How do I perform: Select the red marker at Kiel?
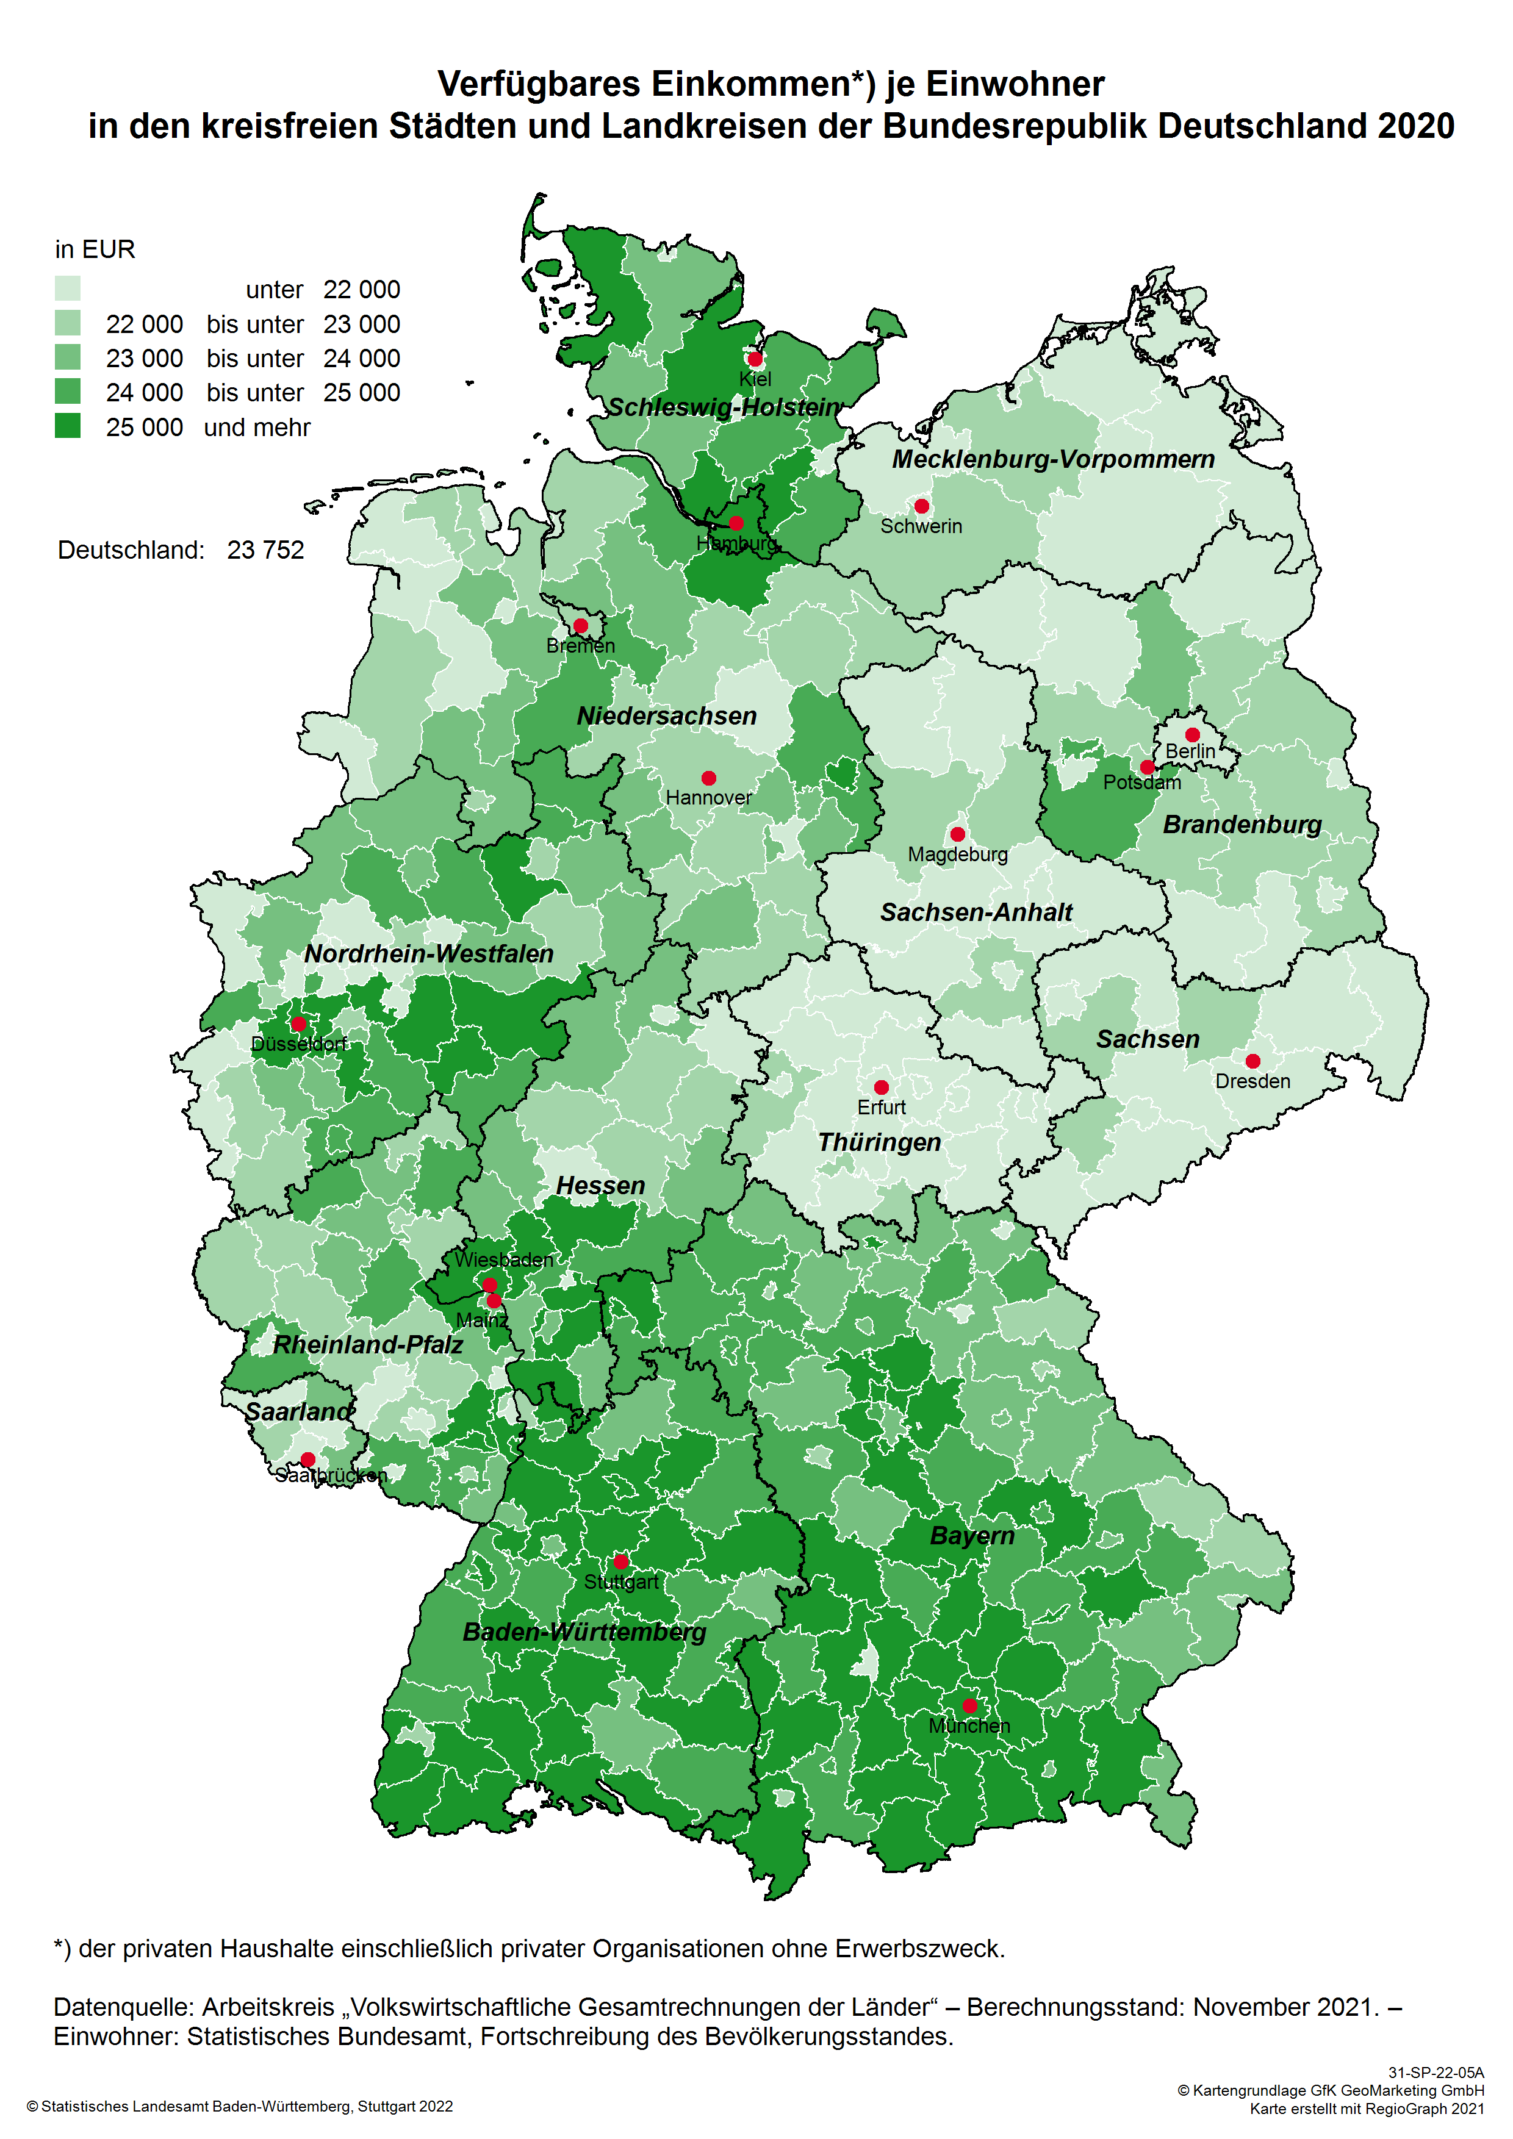pyautogui.click(x=755, y=359)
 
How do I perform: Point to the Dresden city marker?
pyautogui.click(x=1253, y=1061)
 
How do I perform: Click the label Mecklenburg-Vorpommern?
pyautogui.click(x=1053, y=459)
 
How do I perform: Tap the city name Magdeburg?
pyautogui.click(x=958, y=855)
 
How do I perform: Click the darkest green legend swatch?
pyautogui.click(x=68, y=426)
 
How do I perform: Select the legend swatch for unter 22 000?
pyautogui.click(x=68, y=288)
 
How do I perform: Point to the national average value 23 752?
pyautogui.click(x=265, y=551)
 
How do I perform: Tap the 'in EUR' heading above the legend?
pyautogui.click(x=95, y=249)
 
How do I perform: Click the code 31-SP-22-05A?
pyautogui.click(x=1436, y=2073)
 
